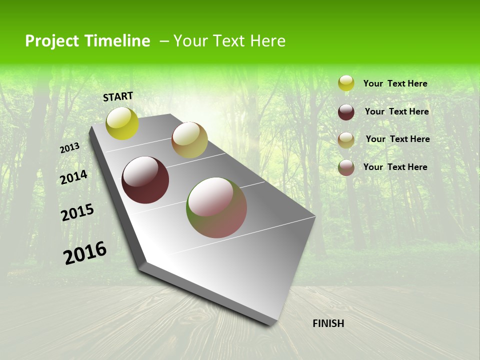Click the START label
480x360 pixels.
tap(118, 96)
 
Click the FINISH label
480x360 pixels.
tap(328, 323)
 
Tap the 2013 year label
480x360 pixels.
tap(69, 148)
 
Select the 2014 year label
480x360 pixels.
tap(73, 177)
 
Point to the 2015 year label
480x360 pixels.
tap(77, 212)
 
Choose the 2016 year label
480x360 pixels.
tap(85, 252)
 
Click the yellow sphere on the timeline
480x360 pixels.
tap(122, 123)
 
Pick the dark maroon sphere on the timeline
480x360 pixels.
tap(145, 180)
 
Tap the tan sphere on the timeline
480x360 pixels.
tap(189, 140)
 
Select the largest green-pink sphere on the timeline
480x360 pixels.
tap(216, 207)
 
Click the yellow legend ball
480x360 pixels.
tap(346, 83)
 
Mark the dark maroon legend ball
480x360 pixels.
tap(346, 112)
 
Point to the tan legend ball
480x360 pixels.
tap(346, 139)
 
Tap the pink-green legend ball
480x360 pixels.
tap(346, 167)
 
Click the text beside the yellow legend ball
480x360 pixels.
tap(395, 83)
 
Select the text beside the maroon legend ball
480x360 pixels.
tap(396, 111)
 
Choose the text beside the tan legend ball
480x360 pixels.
tap(397, 139)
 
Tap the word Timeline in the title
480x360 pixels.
tap(119, 41)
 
